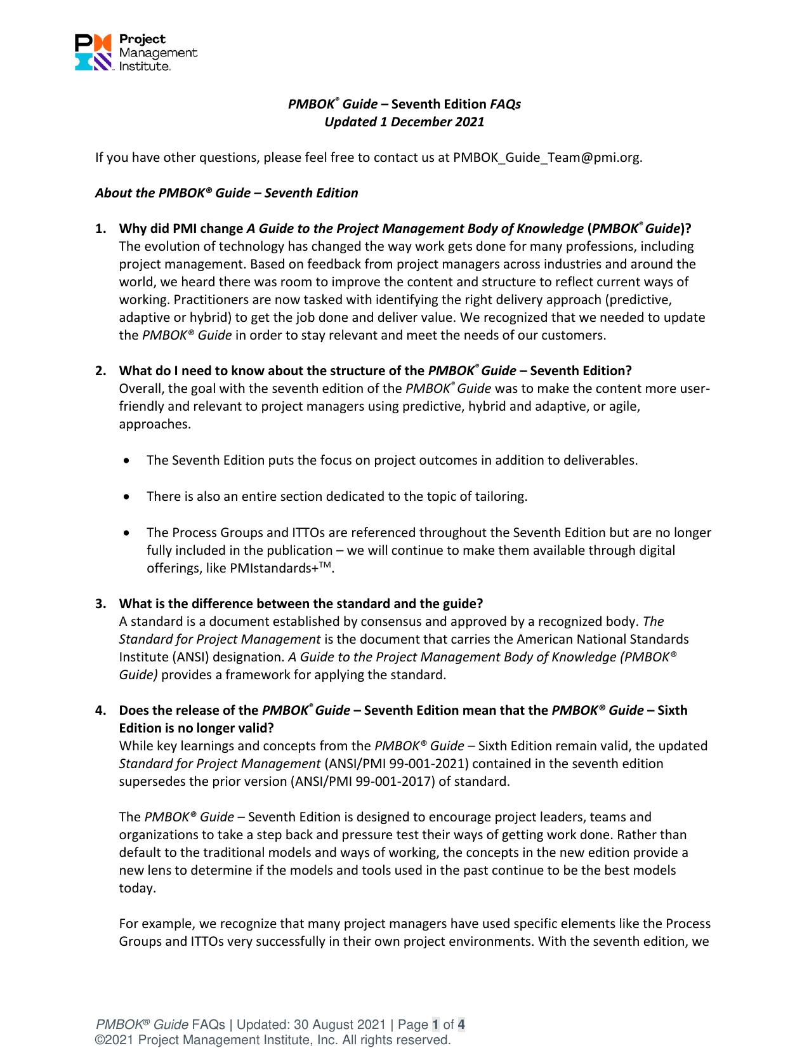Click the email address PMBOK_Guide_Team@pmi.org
click(547, 157)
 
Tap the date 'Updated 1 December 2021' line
click(404, 122)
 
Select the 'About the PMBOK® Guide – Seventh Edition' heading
click(227, 193)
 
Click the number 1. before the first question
click(101, 229)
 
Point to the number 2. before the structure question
click(101, 371)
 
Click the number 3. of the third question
click(101, 604)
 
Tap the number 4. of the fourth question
click(101, 710)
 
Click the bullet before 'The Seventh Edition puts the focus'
click(129, 461)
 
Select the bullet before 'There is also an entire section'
click(129, 496)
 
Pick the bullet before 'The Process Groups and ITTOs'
click(129, 533)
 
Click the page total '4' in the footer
click(461, 1025)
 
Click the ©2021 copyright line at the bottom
click(272, 1040)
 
